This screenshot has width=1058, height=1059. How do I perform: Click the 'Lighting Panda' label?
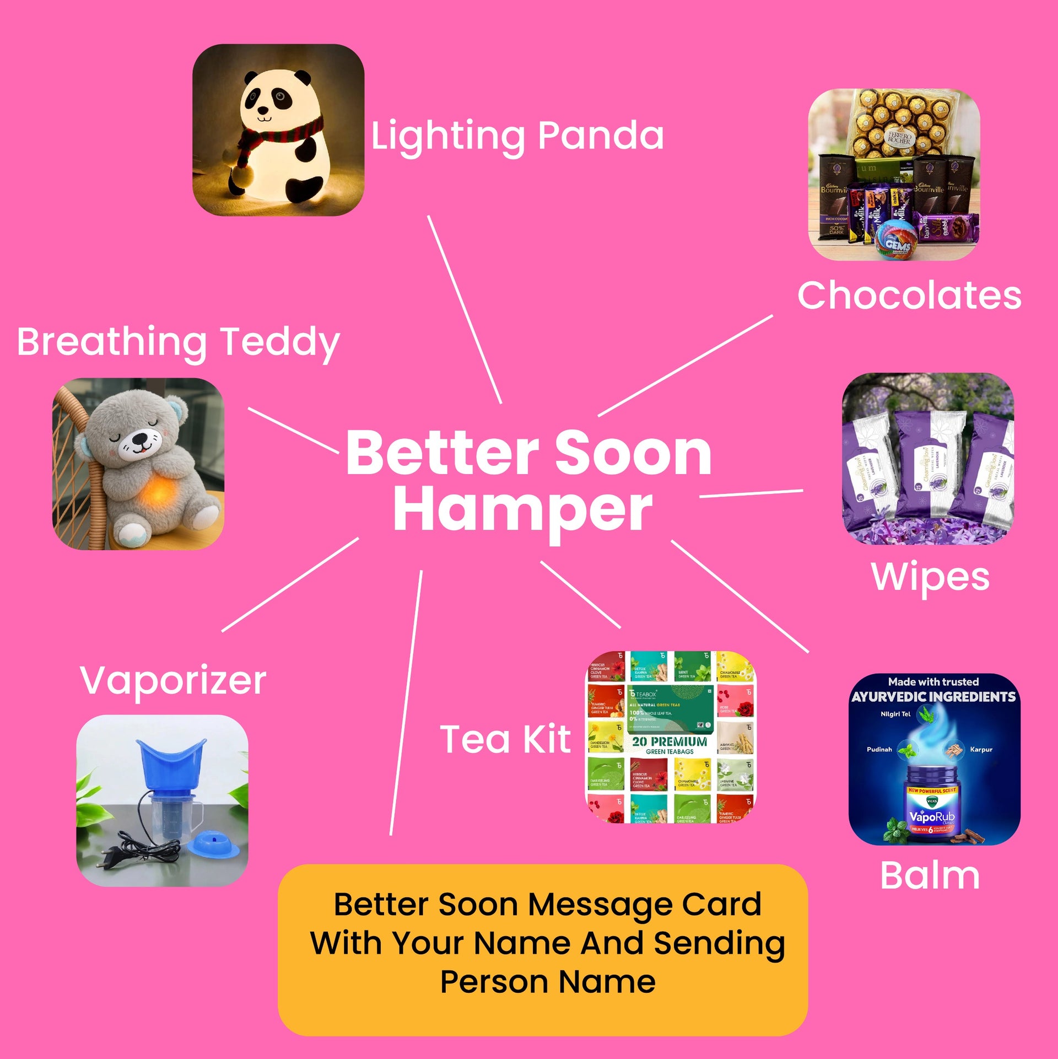[517, 136]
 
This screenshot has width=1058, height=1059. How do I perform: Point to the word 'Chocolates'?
[909, 295]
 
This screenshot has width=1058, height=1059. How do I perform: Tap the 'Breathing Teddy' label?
[178, 342]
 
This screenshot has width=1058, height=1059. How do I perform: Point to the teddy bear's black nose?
[140, 439]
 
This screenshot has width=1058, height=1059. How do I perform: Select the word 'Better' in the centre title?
[442, 453]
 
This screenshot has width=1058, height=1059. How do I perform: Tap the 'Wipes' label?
[930, 577]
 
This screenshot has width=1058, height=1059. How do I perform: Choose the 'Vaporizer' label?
[173, 680]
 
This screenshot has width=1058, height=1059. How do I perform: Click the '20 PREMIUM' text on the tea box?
[670, 741]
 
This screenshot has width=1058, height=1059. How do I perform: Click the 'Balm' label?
[930, 875]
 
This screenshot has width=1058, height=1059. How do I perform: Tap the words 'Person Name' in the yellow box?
[548, 981]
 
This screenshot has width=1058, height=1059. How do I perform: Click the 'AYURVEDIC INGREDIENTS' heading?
[933, 697]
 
